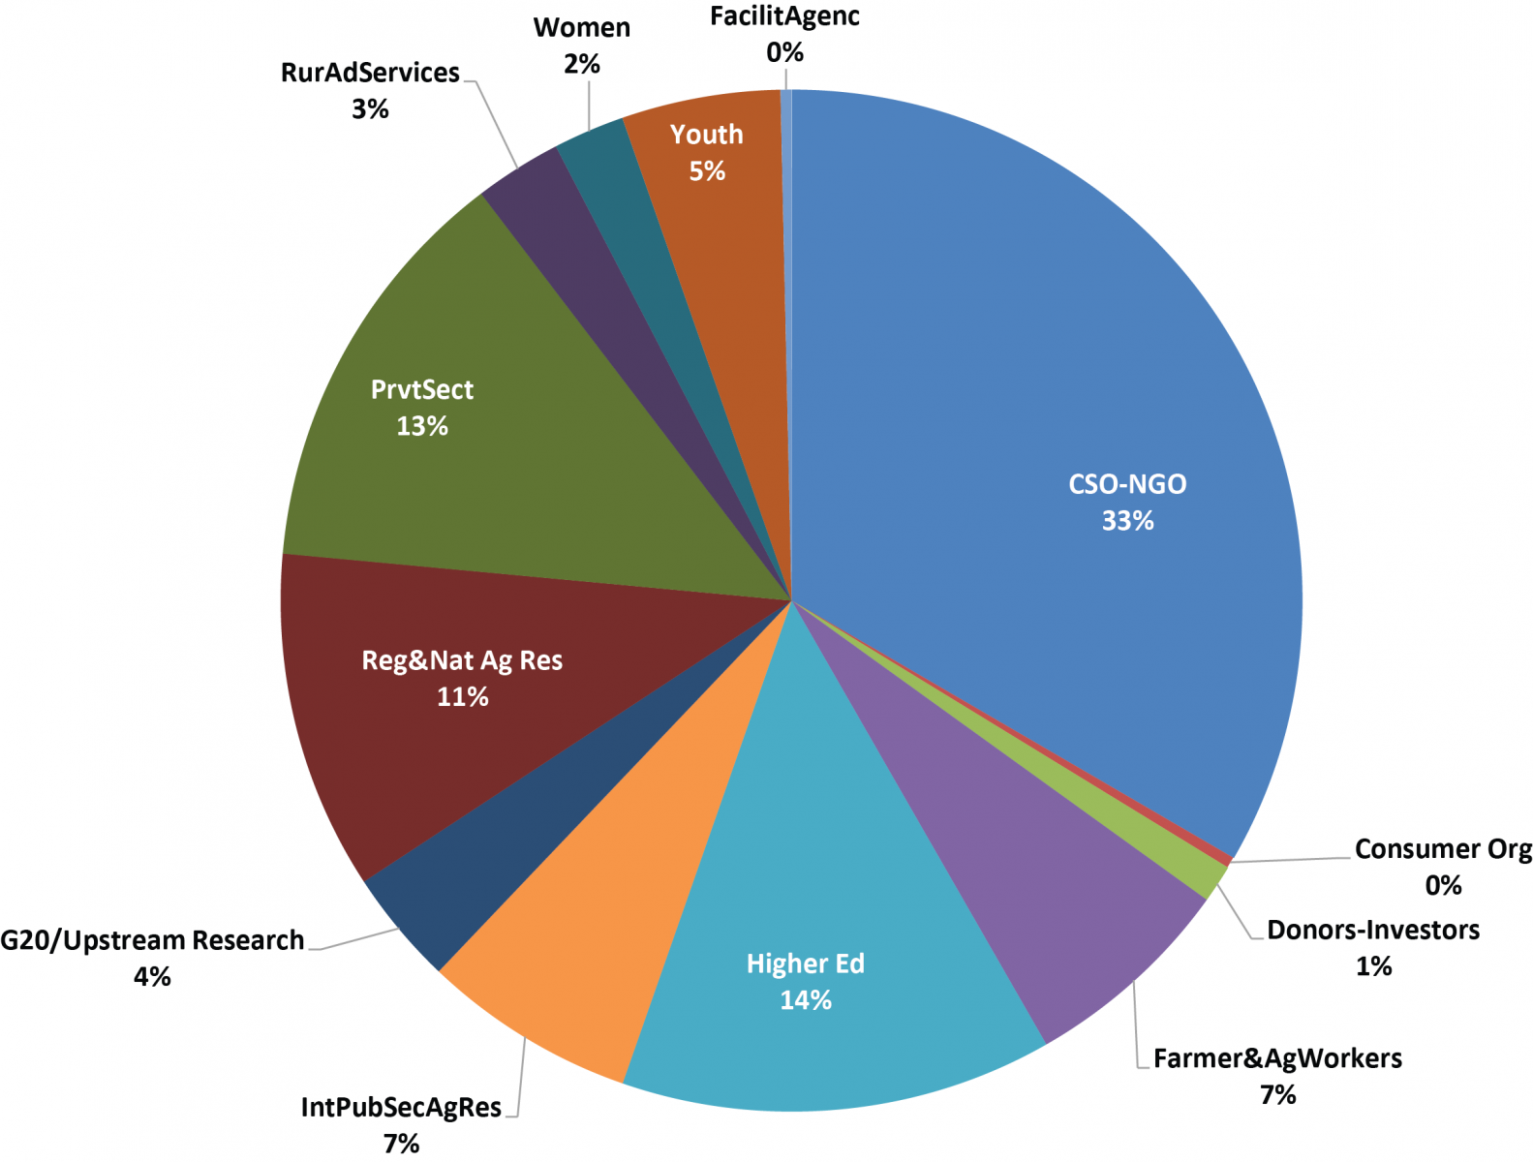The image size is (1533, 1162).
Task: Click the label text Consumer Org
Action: [x=1442, y=849]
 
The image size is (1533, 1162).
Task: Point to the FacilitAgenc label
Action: [x=783, y=16]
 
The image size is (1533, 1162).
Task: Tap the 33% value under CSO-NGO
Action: [x=1127, y=521]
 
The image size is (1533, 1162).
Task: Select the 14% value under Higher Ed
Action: [x=805, y=1000]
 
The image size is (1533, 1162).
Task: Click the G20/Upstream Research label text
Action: [x=152, y=940]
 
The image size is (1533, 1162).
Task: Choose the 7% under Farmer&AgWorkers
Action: [x=1276, y=1095]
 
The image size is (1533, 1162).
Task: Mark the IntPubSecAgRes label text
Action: [x=401, y=1107]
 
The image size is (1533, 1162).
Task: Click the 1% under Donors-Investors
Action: [x=1372, y=966]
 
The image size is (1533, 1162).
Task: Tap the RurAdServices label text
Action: [x=370, y=73]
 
